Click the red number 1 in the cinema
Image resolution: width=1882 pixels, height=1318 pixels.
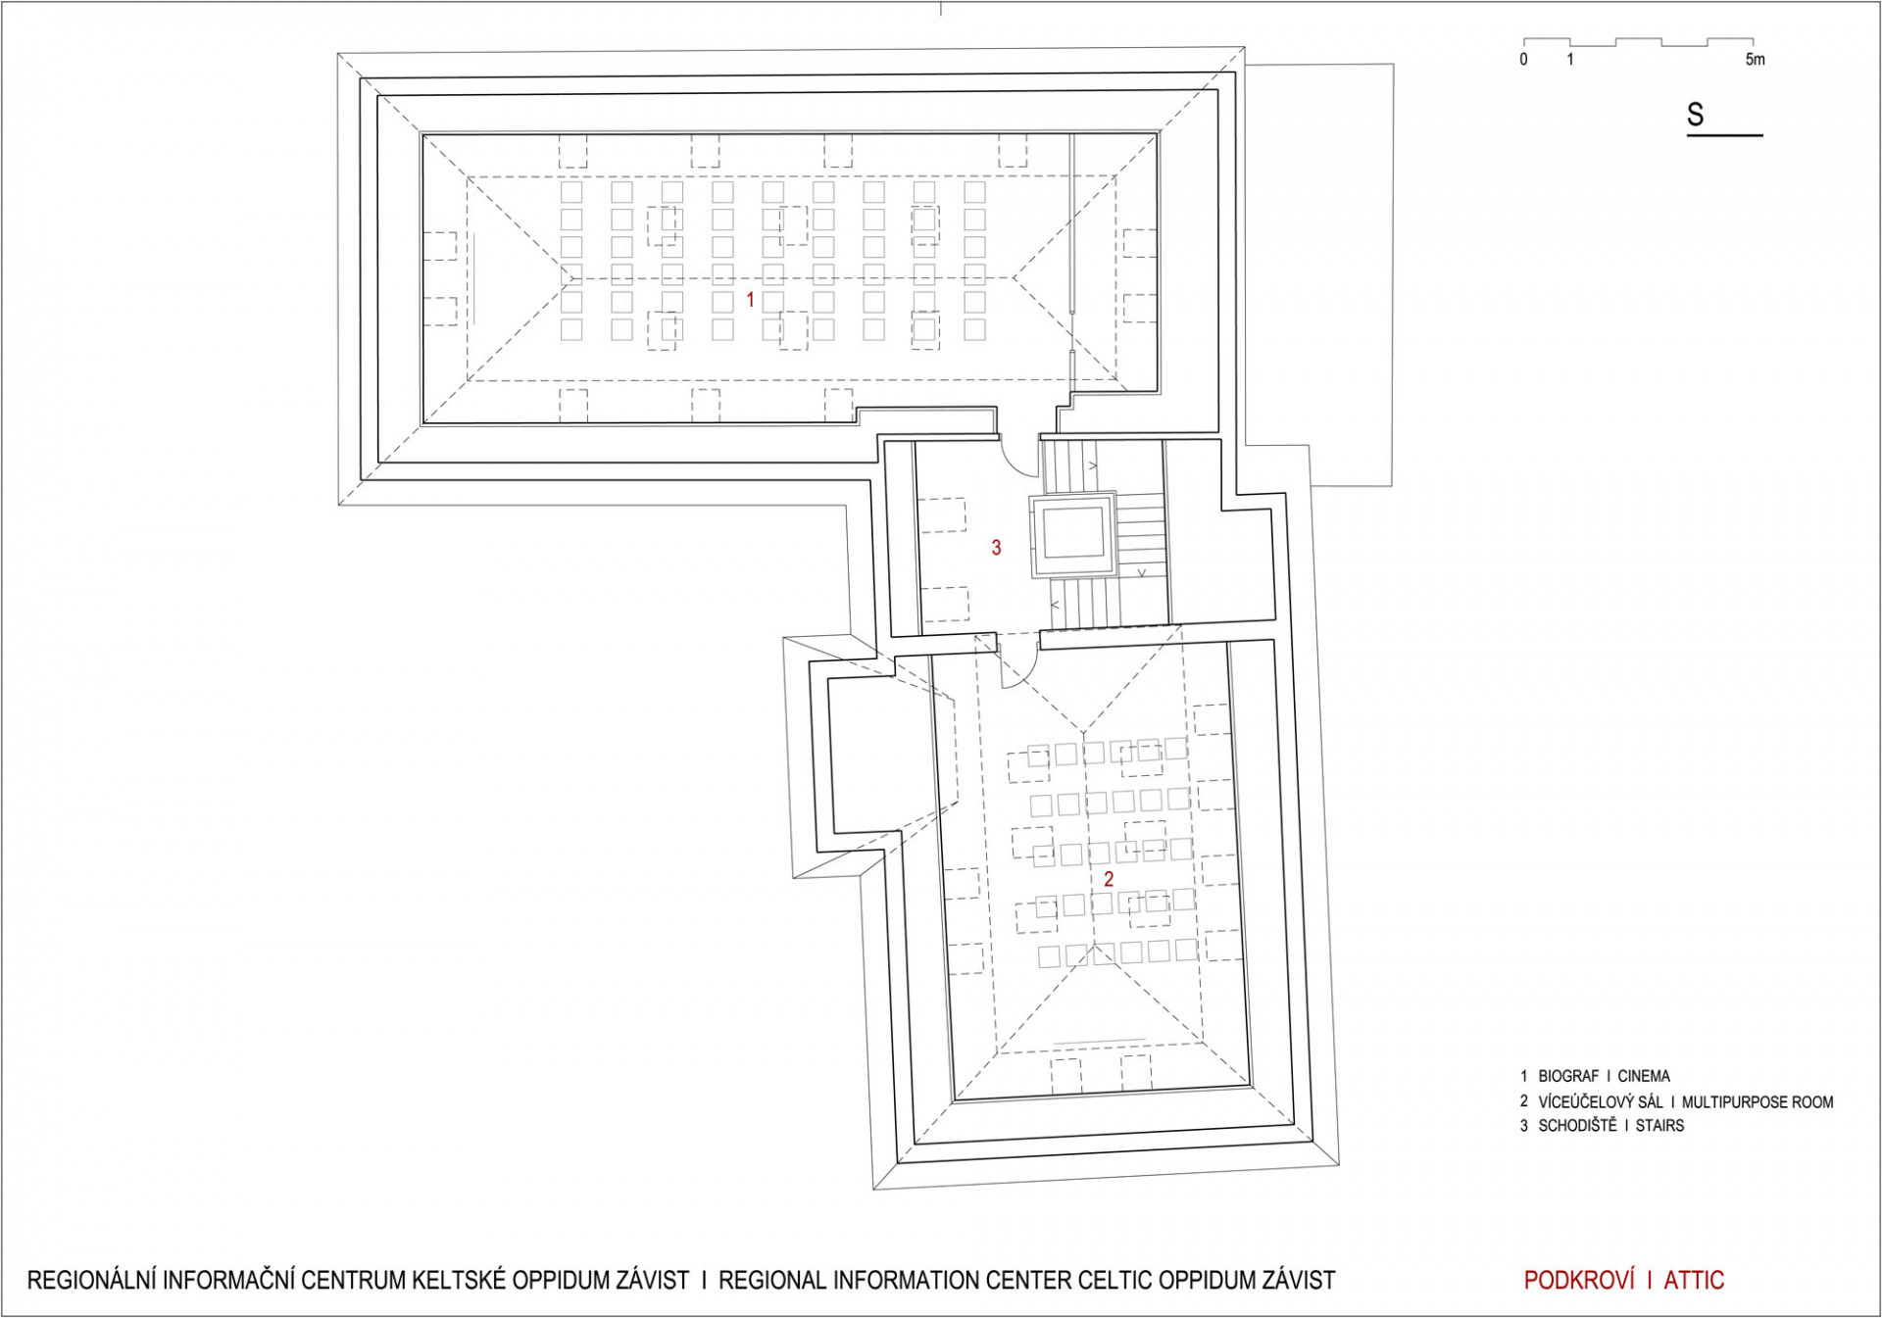751,299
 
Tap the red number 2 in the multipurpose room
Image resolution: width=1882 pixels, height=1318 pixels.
1109,879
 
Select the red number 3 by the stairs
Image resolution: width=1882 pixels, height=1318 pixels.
996,548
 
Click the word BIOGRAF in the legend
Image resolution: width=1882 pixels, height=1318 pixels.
1568,1076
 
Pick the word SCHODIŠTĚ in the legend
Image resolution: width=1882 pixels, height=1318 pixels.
1577,1125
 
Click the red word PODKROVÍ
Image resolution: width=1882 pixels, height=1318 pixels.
1579,1280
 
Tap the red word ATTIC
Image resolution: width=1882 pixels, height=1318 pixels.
1694,1280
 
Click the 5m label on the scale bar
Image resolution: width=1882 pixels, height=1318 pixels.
1755,60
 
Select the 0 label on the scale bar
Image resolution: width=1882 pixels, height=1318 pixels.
1523,60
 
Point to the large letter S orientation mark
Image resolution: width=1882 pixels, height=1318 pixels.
1696,115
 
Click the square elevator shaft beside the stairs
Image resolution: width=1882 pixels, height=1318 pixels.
1072,535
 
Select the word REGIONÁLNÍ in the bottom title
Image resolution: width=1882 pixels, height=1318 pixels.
92,1281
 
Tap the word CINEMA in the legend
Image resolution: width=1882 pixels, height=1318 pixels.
1644,1076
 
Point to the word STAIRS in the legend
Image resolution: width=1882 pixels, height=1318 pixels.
1659,1126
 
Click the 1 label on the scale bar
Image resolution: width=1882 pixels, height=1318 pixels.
1570,60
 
